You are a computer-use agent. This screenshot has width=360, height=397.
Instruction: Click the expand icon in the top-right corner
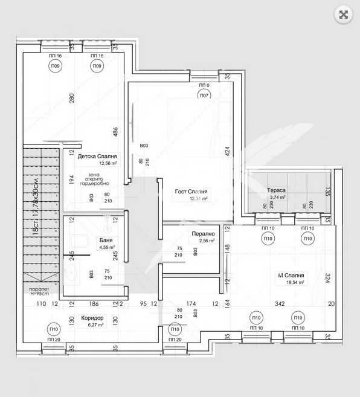(343, 15)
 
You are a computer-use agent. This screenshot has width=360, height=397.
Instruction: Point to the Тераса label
(276, 190)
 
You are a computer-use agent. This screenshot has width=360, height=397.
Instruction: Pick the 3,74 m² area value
(277, 197)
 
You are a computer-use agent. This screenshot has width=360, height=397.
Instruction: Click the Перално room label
(203, 233)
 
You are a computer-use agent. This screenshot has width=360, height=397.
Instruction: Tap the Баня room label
(89, 240)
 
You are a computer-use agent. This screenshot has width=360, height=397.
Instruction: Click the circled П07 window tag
(204, 95)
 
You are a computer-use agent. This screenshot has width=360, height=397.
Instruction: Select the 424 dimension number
(228, 152)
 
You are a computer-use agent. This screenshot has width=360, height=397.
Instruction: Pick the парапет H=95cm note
(39, 292)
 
